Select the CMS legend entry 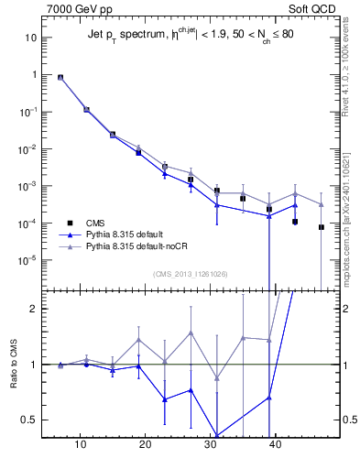tap(93, 222)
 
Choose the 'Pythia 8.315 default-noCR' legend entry tap(136, 245)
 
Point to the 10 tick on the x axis tap(81, 444)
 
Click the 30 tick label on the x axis tap(210, 444)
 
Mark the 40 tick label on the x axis tap(274, 444)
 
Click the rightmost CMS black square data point tap(322, 227)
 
